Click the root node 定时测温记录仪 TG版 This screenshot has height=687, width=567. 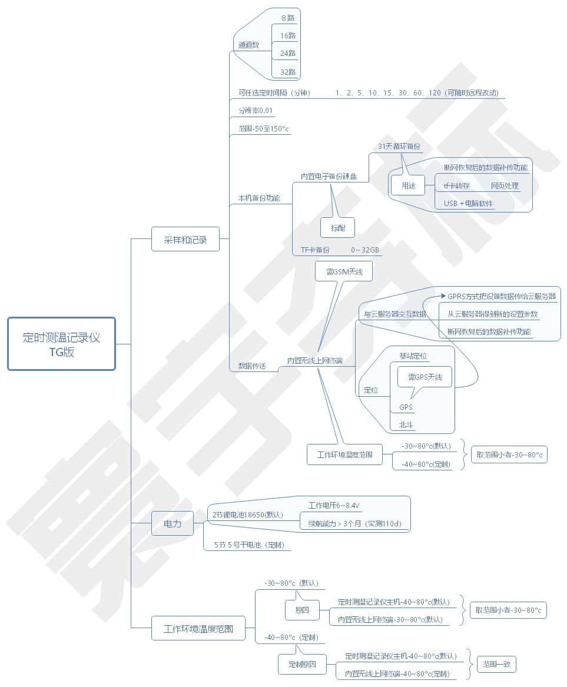click(61, 344)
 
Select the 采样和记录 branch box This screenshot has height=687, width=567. click(185, 240)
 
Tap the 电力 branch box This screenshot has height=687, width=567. click(173, 523)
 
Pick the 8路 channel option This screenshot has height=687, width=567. click(287, 18)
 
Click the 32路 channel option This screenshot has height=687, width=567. click(287, 72)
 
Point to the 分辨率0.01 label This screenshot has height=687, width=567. click(255, 111)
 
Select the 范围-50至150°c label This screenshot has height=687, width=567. click(263, 128)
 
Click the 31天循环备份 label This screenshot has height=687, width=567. click(399, 146)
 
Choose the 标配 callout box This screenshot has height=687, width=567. click(338, 227)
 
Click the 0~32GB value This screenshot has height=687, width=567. click(365, 250)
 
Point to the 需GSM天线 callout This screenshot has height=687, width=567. click(344, 271)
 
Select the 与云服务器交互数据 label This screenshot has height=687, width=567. click(394, 314)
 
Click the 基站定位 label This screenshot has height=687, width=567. click(413, 356)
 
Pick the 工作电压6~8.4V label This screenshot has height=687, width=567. click(334, 505)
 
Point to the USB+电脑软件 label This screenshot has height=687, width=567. click(469, 204)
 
